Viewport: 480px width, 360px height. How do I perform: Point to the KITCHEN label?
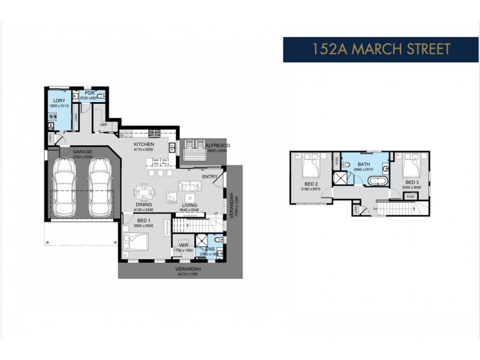point(144,145)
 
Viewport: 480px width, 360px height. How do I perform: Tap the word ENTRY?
point(210,176)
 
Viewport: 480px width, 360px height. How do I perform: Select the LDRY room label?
point(59,100)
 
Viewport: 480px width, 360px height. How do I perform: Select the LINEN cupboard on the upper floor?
point(356,209)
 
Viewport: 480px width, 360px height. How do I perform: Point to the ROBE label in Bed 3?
point(410,196)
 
